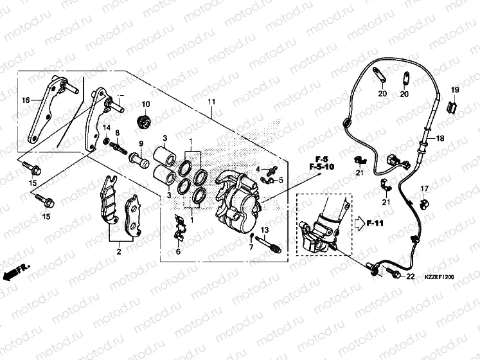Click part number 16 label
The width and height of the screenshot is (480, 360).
pos(26,100)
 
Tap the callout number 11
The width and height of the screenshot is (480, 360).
pos(211,103)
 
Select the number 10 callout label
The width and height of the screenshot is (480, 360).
pos(145,105)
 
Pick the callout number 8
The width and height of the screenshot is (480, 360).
pos(117,132)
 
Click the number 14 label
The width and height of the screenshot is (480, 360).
pos(107,127)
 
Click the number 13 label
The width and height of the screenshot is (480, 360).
pos(263,230)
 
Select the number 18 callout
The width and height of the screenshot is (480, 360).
pos(441,138)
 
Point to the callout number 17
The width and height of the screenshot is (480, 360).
pos(424,188)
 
